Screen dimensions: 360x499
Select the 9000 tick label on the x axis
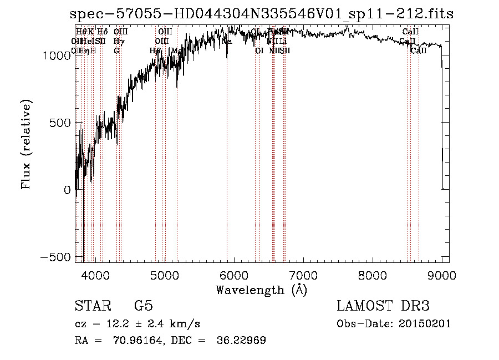coord(442,274)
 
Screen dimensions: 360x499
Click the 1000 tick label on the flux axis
coord(57,55)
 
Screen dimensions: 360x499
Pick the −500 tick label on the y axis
coord(57,257)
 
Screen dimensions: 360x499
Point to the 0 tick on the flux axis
coord(66,190)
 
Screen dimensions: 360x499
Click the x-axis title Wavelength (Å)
coord(261,290)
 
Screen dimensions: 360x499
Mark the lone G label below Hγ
coord(116,50)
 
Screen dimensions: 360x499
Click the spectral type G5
coord(143,306)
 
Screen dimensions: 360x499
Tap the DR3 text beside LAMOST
coord(414,306)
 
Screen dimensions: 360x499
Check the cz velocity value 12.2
coord(110,324)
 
